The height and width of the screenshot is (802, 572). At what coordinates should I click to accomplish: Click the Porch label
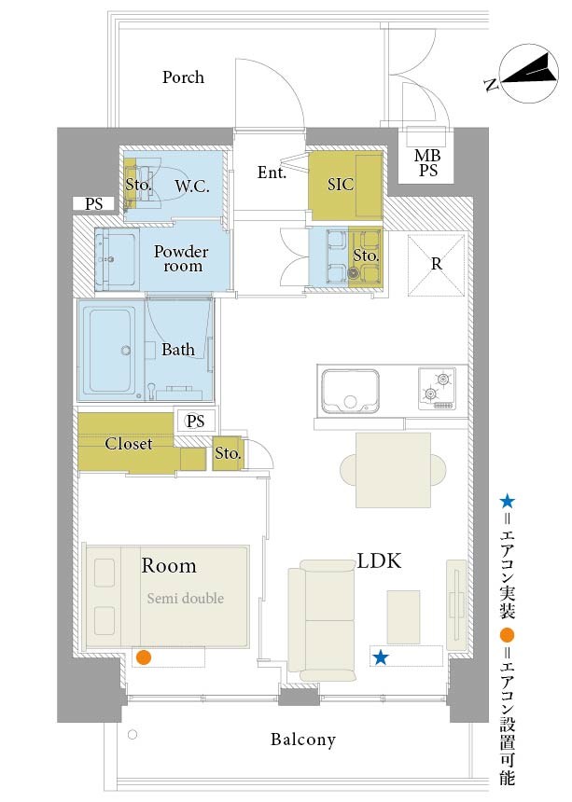[183, 77]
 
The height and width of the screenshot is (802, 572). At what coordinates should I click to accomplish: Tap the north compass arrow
[529, 72]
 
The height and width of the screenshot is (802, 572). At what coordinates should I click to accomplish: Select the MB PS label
[427, 162]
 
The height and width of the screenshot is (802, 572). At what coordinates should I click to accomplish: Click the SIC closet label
[341, 184]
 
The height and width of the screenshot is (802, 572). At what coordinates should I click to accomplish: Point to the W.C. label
[192, 187]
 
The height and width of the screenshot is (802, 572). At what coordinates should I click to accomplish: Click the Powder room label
[181, 259]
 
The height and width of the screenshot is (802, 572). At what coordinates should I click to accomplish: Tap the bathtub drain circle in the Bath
[125, 351]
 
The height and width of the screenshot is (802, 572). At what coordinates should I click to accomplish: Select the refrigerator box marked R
[436, 265]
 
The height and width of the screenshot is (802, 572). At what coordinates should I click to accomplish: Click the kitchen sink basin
[351, 391]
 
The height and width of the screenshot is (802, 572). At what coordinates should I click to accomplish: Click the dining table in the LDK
[393, 470]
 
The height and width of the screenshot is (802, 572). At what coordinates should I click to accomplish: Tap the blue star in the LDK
[380, 657]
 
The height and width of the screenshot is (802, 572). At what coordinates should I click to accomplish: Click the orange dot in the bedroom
[145, 657]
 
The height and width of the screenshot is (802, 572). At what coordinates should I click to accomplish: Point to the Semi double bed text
[185, 598]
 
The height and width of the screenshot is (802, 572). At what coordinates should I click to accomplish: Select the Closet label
[129, 444]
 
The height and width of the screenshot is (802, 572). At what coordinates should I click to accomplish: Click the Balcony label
[303, 740]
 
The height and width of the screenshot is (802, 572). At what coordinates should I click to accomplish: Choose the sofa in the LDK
[322, 620]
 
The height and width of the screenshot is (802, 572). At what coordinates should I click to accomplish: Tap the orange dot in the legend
[507, 635]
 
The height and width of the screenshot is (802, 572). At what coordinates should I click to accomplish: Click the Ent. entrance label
[272, 173]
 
